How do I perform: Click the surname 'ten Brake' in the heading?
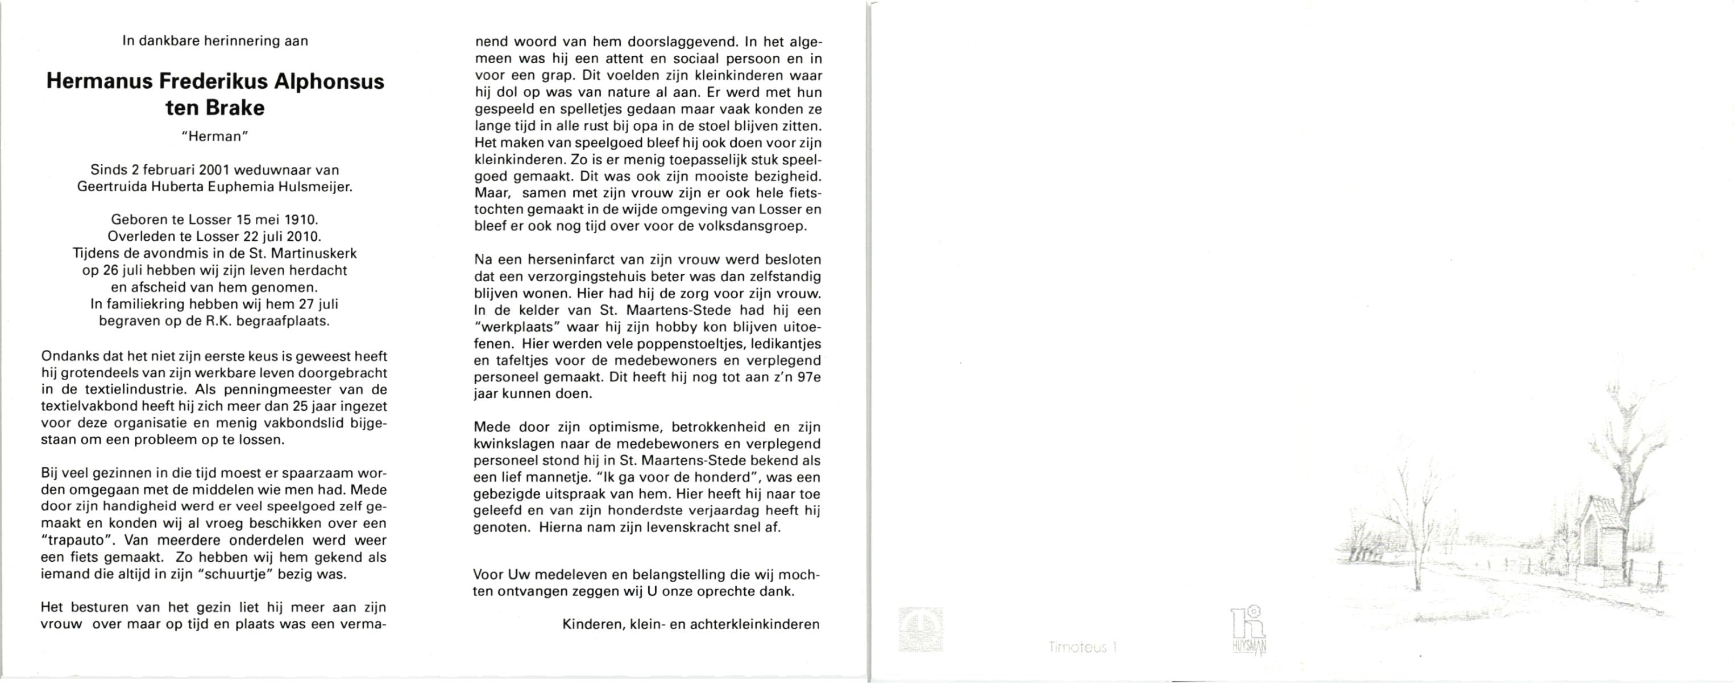click(215, 108)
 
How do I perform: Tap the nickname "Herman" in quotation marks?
click(215, 136)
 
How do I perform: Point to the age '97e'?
click(808, 378)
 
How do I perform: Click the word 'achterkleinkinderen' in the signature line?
click(754, 624)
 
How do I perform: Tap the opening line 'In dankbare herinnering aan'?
click(215, 41)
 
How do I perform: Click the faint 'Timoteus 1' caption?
click(1082, 647)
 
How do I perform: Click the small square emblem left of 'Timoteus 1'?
click(920, 629)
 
